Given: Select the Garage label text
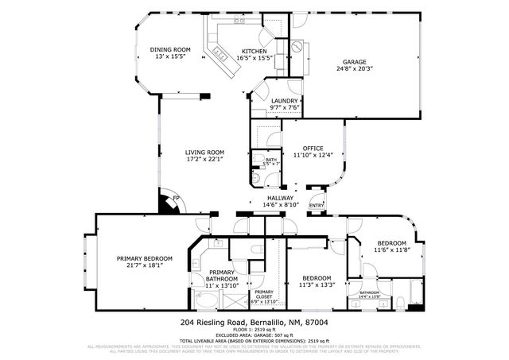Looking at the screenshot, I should pos(354,64).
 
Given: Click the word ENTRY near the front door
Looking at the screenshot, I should pos(317,205).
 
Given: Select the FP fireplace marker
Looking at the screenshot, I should pos(176,198).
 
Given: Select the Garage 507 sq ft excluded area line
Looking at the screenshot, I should pos(254,335).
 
